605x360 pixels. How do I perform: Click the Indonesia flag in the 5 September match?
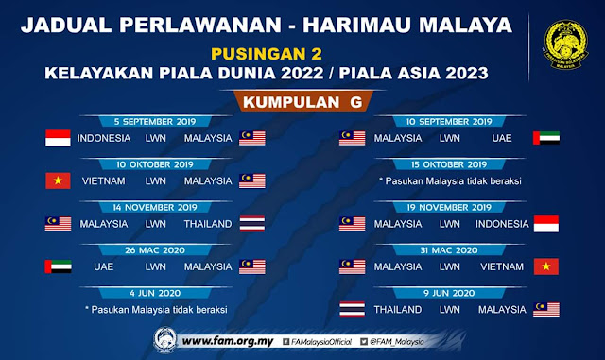59,138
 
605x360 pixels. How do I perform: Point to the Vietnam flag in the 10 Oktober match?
59,180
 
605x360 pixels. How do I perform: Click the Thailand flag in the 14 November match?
252,224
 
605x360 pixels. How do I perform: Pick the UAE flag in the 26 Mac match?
59,266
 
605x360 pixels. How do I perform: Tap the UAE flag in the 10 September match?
545,138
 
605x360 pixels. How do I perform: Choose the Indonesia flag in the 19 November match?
545,224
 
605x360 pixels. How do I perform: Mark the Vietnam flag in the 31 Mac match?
545,266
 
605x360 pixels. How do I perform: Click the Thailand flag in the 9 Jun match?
352,309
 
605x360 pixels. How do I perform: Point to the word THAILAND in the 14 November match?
208,224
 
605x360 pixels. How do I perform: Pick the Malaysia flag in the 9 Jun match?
545,309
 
